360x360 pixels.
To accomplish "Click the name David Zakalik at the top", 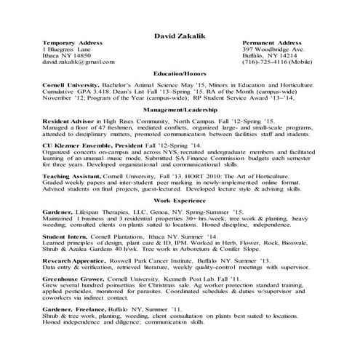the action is point(180,35).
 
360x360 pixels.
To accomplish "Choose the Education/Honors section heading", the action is point(179,74).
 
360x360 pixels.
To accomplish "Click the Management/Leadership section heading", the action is point(179,107).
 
